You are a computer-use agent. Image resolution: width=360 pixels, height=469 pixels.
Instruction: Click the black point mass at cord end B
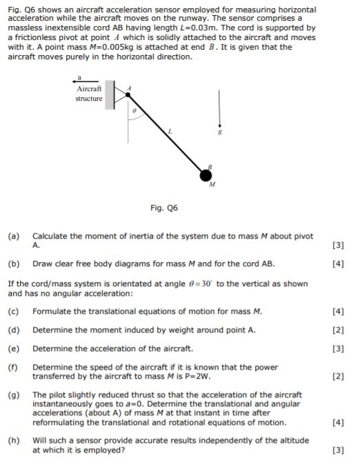(x=206, y=175)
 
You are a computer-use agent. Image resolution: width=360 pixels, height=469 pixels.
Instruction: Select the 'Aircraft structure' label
(x=89, y=94)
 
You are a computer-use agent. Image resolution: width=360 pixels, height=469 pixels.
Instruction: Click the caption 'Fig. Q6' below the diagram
(x=163, y=208)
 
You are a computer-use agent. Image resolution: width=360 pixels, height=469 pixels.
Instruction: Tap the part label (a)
(x=14, y=237)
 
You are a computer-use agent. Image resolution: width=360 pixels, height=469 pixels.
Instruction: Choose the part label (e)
(x=14, y=348)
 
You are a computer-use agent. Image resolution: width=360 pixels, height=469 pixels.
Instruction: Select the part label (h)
(x=14, y=439)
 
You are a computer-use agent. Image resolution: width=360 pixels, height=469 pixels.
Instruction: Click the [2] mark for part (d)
(x=338, y=330)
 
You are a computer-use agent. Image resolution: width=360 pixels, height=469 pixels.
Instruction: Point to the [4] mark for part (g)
(x=338, y=422)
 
